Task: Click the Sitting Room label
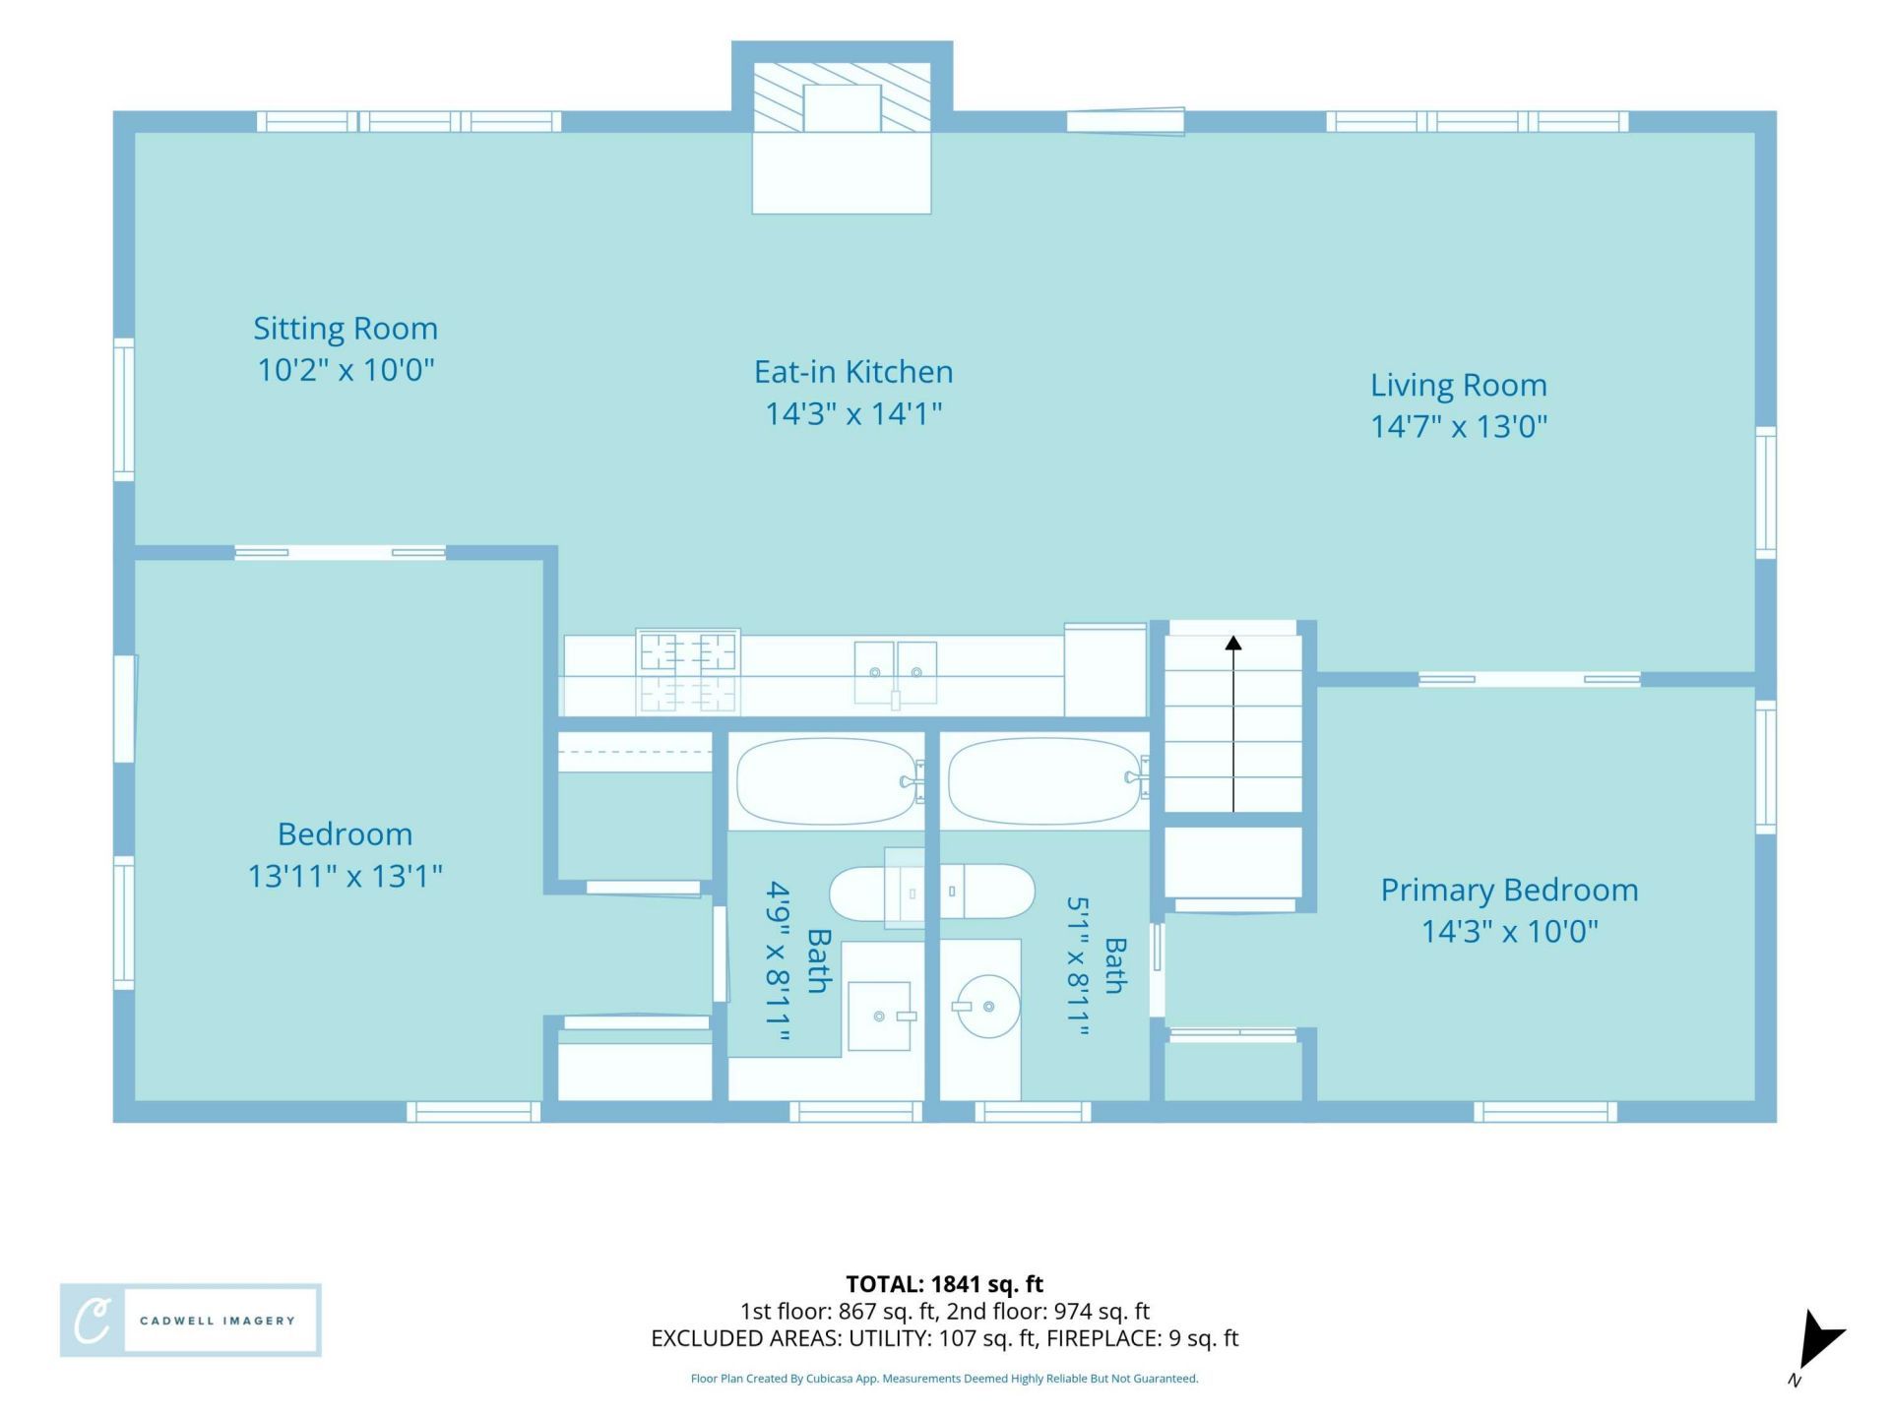[x=346, y=328]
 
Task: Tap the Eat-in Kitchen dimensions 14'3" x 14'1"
[x=853, y=413]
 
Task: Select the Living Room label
[x=1459, y=385]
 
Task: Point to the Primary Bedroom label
[x=1509, y=890]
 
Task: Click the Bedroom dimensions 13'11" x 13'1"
[x=345, y=875]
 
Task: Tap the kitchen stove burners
[x=688, y=671]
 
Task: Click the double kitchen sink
[x=895, y=673]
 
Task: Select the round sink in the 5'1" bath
[x=987, y=1007]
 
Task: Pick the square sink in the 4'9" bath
[x=879, y=1016]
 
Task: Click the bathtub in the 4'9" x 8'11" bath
[x=829, y=781]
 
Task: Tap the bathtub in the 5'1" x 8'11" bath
[x=1045, y=781]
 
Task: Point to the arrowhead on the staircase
[x=1233, y=644]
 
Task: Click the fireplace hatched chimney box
[x=842, y=97]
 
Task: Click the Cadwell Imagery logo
[x=191, y=1321]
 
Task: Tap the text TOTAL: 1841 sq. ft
[x=945, y=1284]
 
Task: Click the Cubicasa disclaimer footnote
[x=945, y=1379]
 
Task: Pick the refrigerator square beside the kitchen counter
[x=1105, y=670]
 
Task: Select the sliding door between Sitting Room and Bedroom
[x=340, y=553]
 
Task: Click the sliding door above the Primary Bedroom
[x=1530, y=679]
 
